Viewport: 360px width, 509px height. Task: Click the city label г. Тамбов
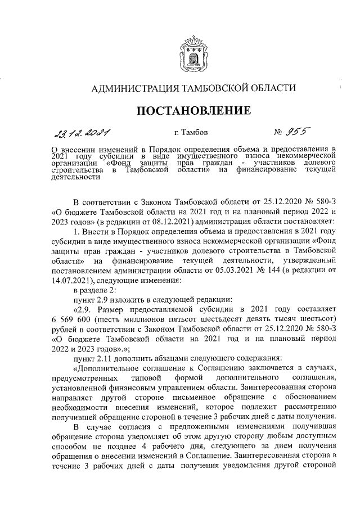tap(192, 133)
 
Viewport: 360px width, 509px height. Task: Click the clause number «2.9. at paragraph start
tap(84, 309)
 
